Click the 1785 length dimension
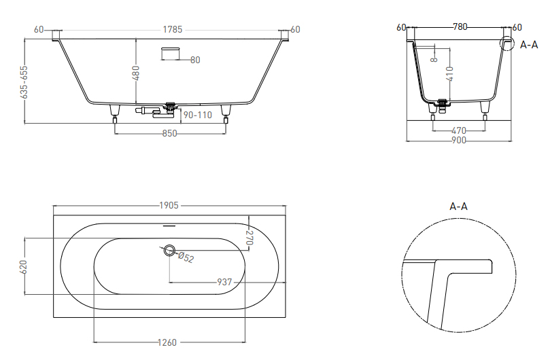(173, 29)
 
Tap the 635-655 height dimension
(24, 82)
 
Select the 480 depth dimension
(136, 73)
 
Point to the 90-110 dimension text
(197, 115)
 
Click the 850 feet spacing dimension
(169, 134)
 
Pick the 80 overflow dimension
(195, 60)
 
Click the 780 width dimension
(460, 26)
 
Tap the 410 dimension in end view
(450, 74)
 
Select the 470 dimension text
(459, 130)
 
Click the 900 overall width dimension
(459, 140)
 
